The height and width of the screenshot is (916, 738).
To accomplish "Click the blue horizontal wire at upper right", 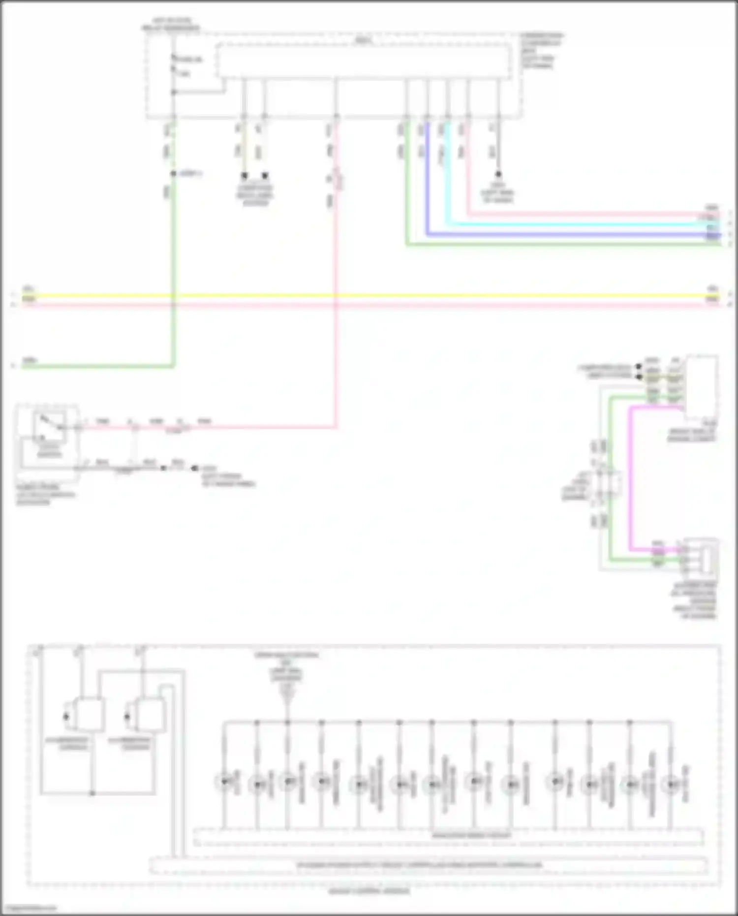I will click(566, 234).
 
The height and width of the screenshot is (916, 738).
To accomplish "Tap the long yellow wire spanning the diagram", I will click(369, 296).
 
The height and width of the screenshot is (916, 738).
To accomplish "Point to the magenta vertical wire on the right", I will click(630, 477).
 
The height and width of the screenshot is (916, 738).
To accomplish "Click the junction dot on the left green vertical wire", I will click(173, 174).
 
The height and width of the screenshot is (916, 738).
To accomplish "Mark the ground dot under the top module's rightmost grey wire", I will click(498, 174).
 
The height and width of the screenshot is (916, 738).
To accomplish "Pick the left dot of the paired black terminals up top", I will click(244, 175).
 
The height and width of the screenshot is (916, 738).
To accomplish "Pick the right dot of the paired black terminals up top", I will click(265, 175).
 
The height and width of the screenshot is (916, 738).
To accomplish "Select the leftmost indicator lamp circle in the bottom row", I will click(224, 781).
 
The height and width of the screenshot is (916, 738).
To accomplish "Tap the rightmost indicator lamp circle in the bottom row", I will click(671, 784).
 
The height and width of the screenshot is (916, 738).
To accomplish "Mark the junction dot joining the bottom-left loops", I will click(92, 793).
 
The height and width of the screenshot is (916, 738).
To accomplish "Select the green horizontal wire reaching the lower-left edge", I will click(98, 366).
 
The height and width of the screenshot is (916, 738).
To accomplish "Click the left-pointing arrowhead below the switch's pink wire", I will click(193, 468).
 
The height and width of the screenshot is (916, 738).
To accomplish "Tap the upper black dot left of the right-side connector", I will click(639, 367).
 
